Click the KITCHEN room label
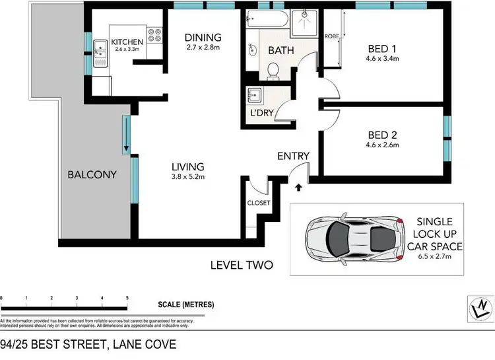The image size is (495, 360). (127, 40)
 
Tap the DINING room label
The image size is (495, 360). (203, 38)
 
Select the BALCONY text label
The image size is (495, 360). (92, 175)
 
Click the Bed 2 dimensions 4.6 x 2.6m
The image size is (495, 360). (387, 147)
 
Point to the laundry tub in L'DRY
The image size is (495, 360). (255, 96)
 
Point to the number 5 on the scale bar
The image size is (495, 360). (126, 299)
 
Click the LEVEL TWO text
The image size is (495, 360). (241, 266)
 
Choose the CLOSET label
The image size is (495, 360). (258, 203)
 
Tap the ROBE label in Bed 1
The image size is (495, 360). (331, 36)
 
